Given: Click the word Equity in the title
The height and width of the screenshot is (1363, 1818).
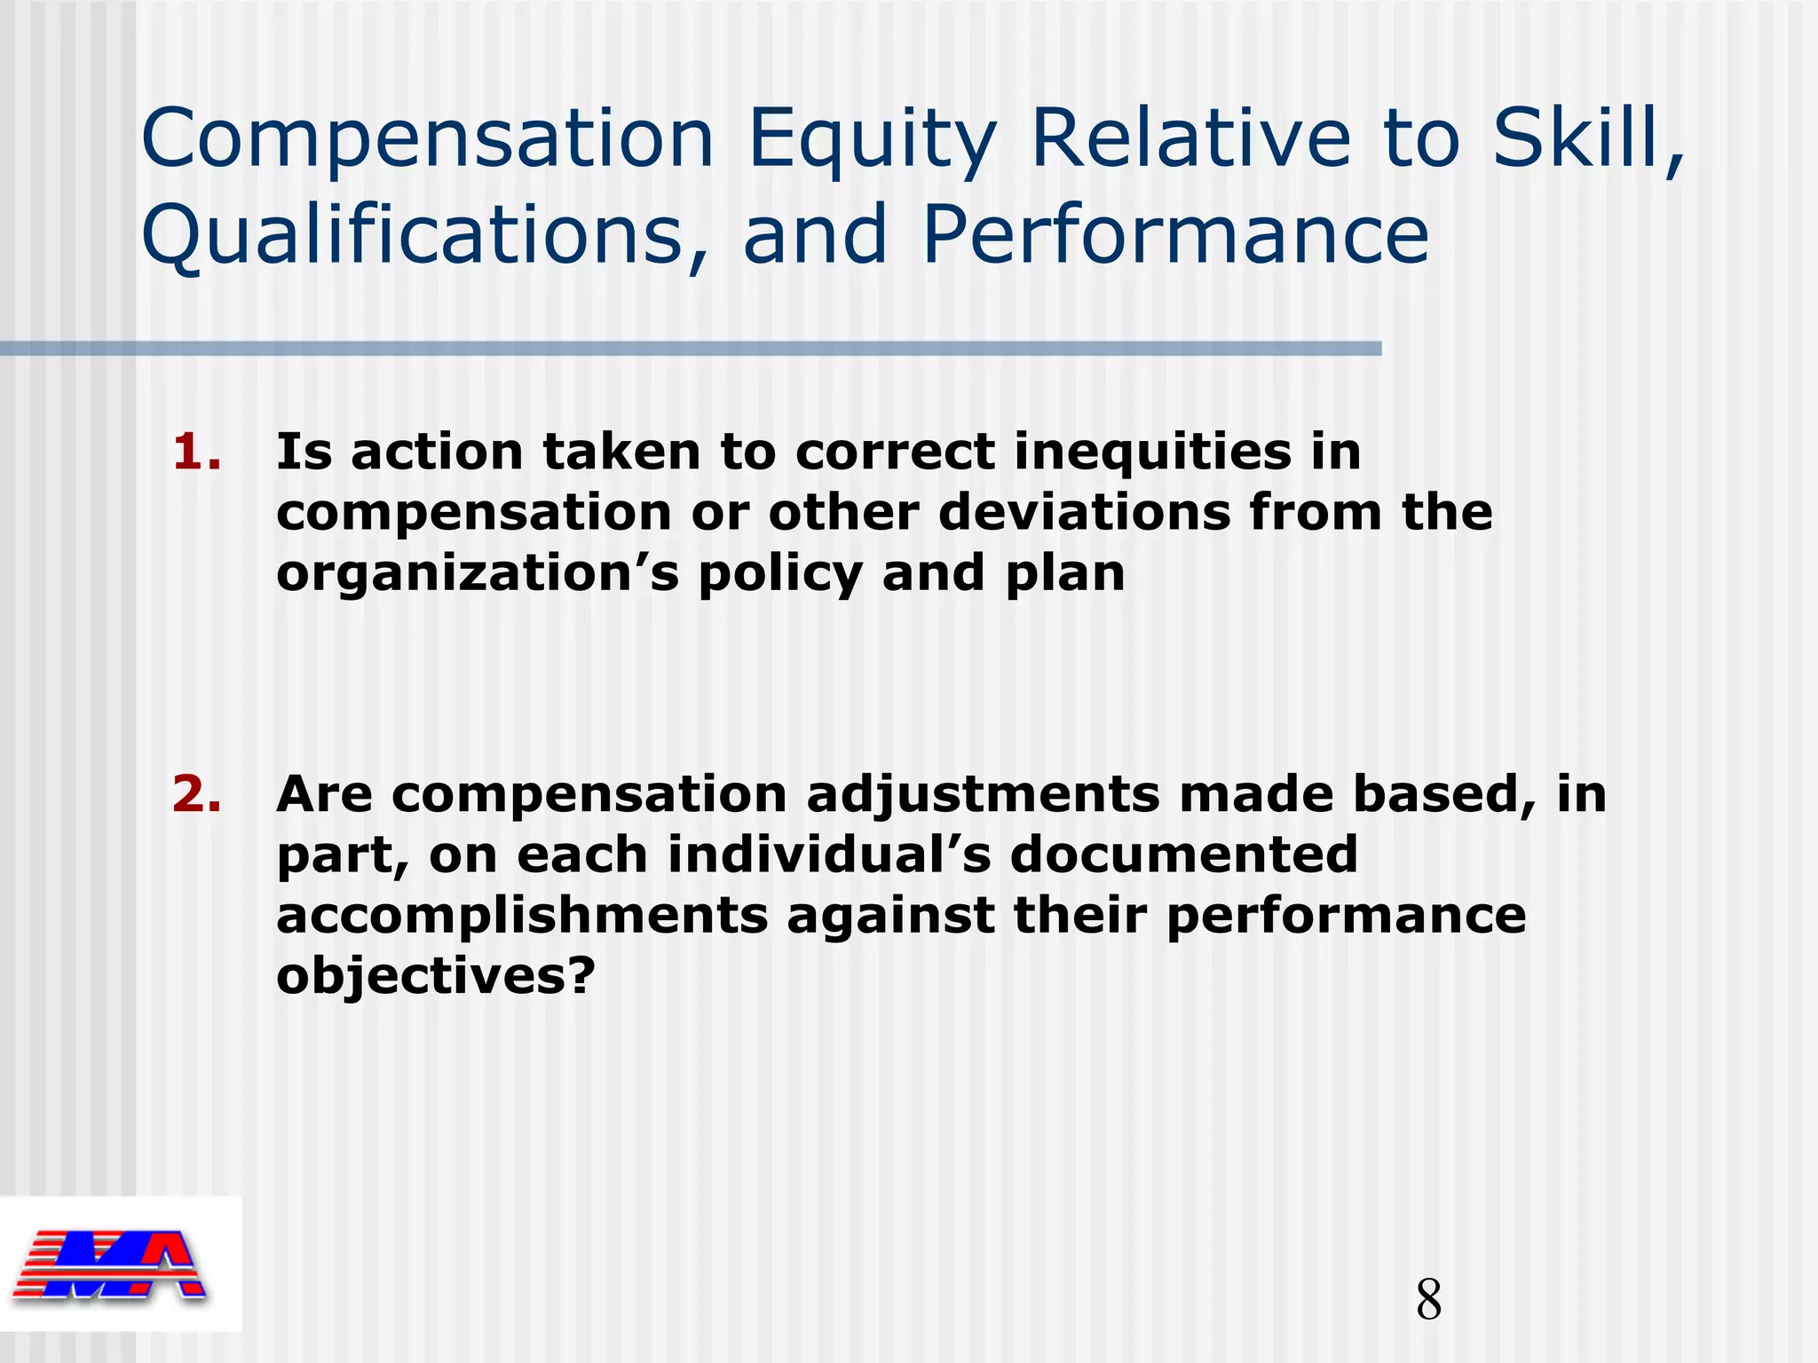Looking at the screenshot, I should click(872, 140).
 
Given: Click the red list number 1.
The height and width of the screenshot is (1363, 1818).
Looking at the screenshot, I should click(196, 452).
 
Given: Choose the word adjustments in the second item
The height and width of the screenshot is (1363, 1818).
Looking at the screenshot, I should click(982, 794).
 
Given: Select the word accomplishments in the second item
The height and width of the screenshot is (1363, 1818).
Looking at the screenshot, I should click(522, 915).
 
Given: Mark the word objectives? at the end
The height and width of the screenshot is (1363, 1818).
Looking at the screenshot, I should click(435, 976).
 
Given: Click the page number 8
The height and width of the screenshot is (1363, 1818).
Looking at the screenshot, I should click(1428, 1300).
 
